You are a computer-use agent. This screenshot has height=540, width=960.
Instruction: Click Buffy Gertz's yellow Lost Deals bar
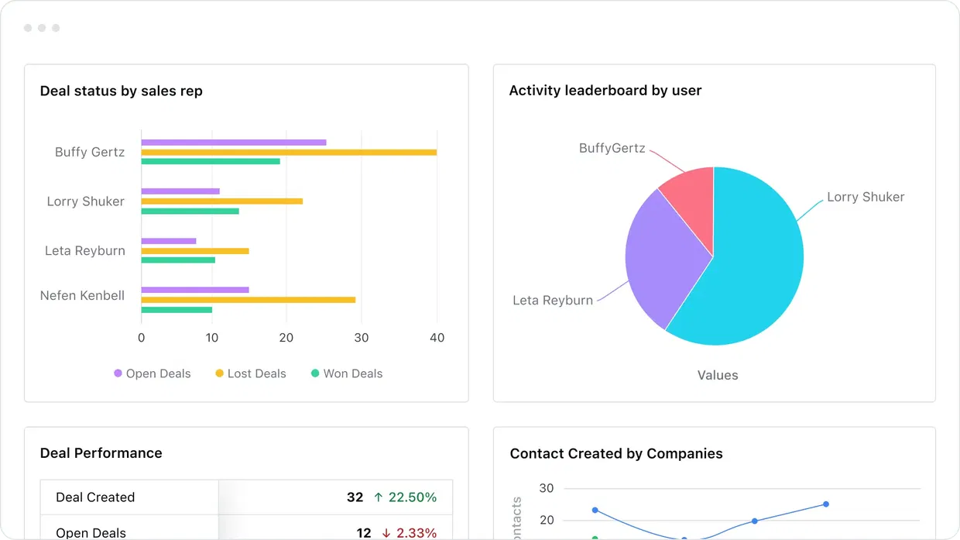[288, 152]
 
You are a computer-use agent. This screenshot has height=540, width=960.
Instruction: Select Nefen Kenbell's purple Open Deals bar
[194, 290]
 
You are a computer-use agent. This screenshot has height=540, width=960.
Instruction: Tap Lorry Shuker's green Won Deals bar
[190, 211]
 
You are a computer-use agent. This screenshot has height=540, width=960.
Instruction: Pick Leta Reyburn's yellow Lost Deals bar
[194, 251]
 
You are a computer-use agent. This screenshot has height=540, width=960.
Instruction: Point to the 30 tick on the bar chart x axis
[362, 338]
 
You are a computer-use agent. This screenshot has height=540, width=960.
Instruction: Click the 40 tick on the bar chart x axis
[437, 338]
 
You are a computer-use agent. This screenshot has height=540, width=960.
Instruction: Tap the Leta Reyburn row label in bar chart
[84, 250]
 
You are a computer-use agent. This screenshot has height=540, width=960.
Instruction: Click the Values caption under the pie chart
[718, 375]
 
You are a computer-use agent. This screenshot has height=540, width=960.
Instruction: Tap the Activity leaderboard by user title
[605, 91]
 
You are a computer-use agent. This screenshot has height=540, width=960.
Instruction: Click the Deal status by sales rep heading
[121, 91]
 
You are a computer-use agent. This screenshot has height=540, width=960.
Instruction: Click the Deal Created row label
[95, 497]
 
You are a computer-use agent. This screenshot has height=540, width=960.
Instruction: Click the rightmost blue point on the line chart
[826, 504]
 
